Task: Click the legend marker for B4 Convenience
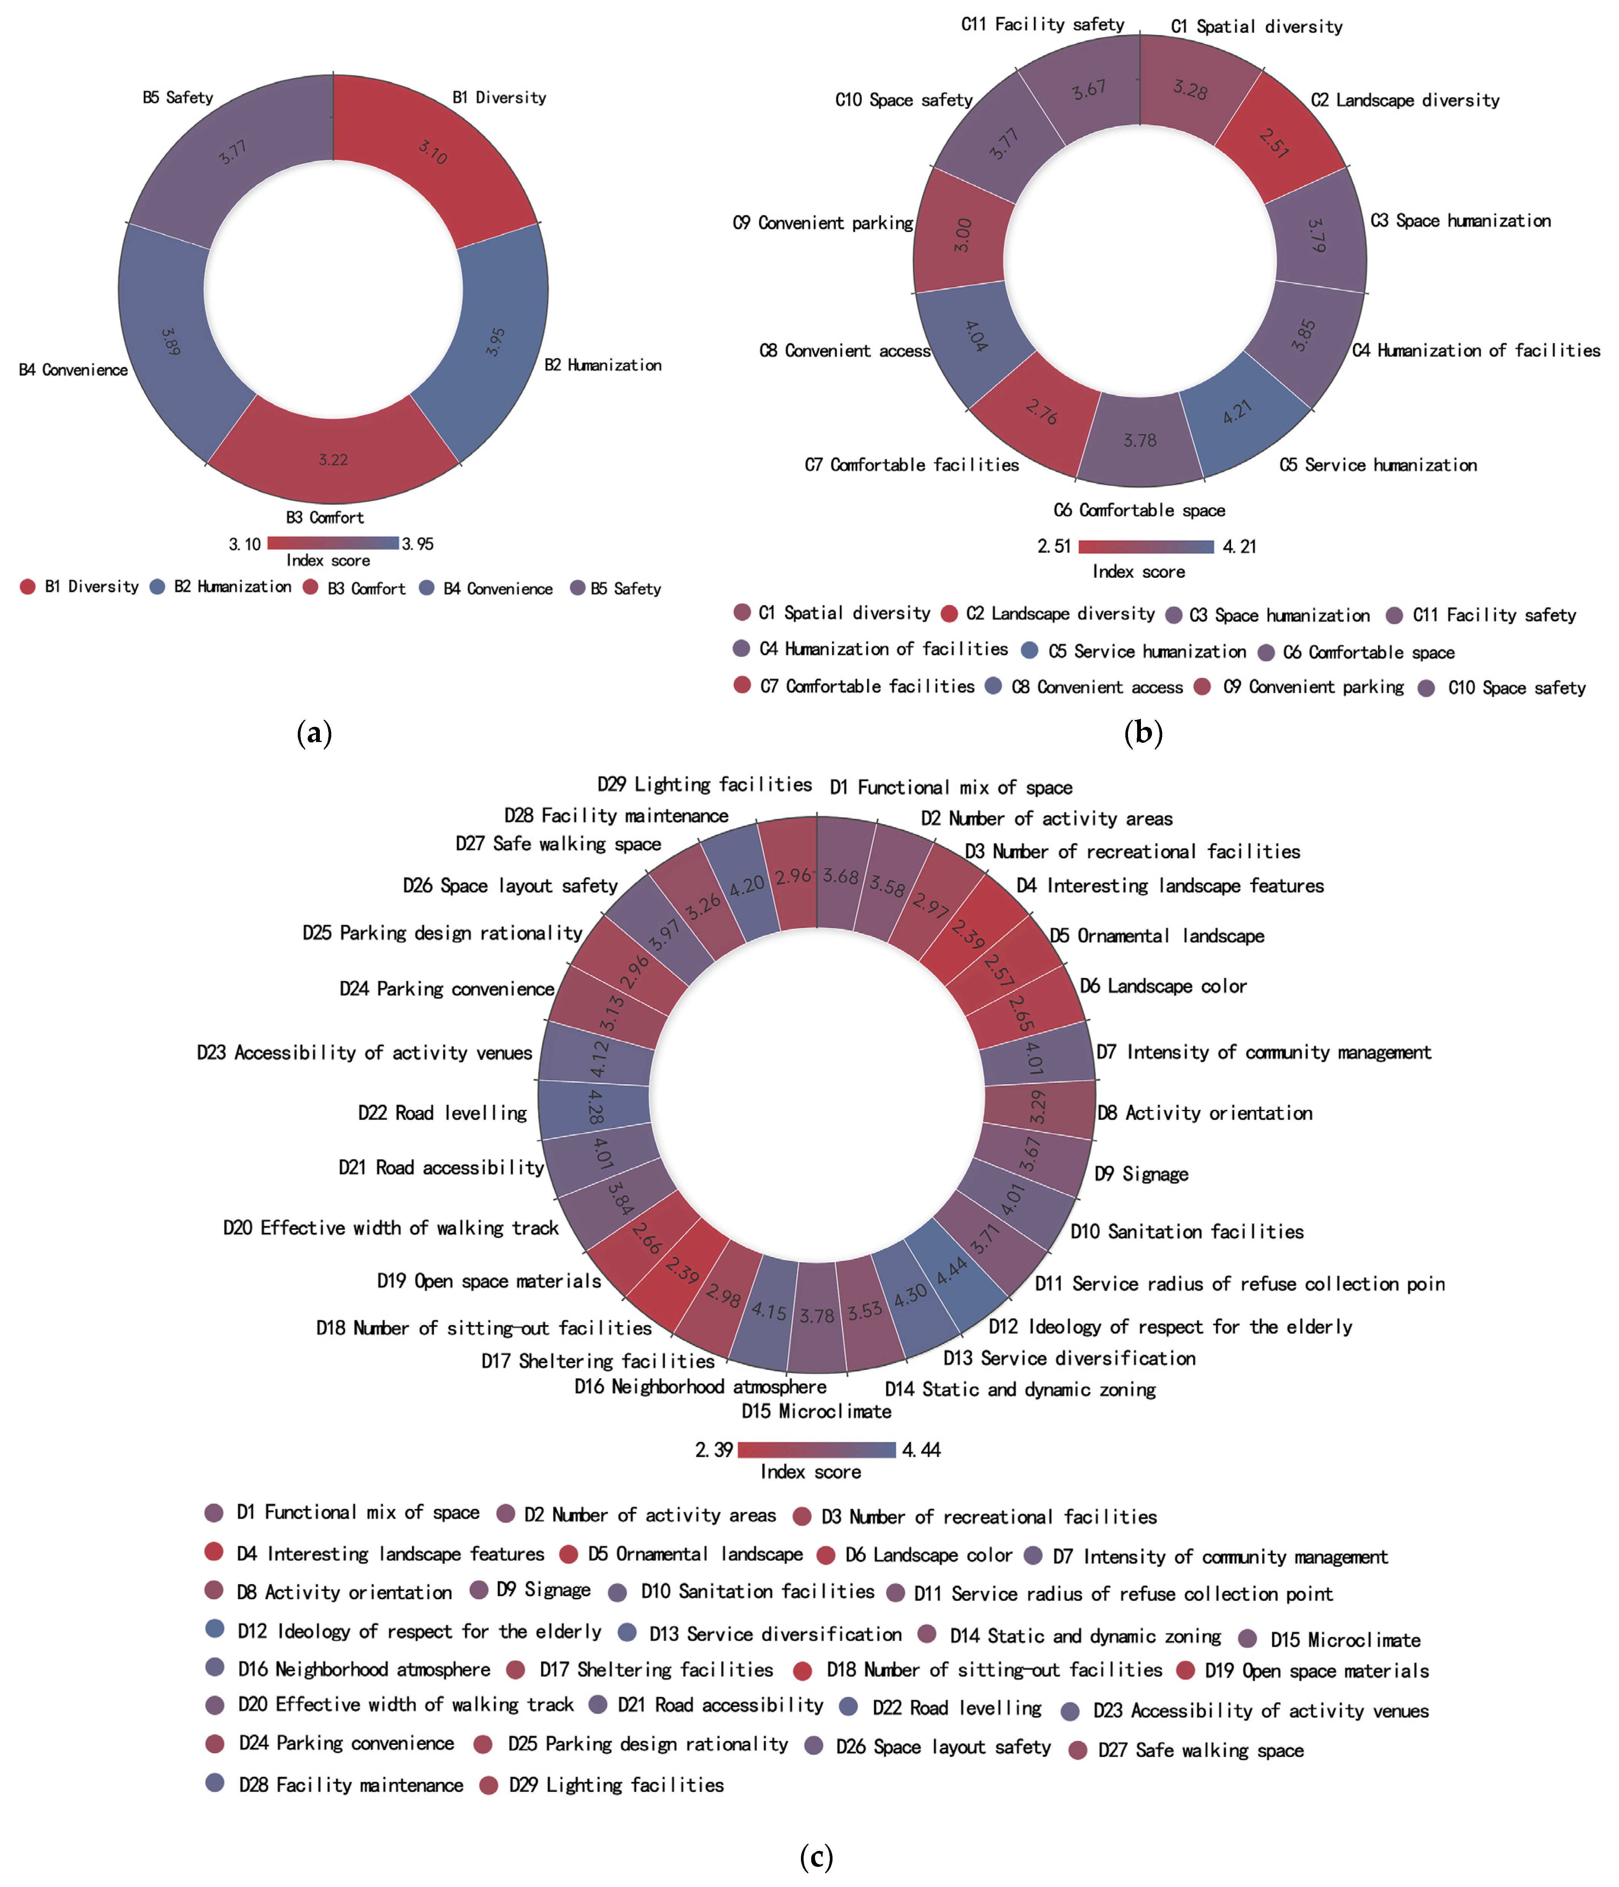click(426, 587)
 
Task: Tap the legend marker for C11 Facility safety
click(1394, 616)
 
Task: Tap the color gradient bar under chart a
click(332, 543)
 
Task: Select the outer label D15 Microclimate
click(816, 1411)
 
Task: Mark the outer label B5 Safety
click(178, 97)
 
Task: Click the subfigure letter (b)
click(1143, 732)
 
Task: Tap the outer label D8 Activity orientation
click(1204, 1113)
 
